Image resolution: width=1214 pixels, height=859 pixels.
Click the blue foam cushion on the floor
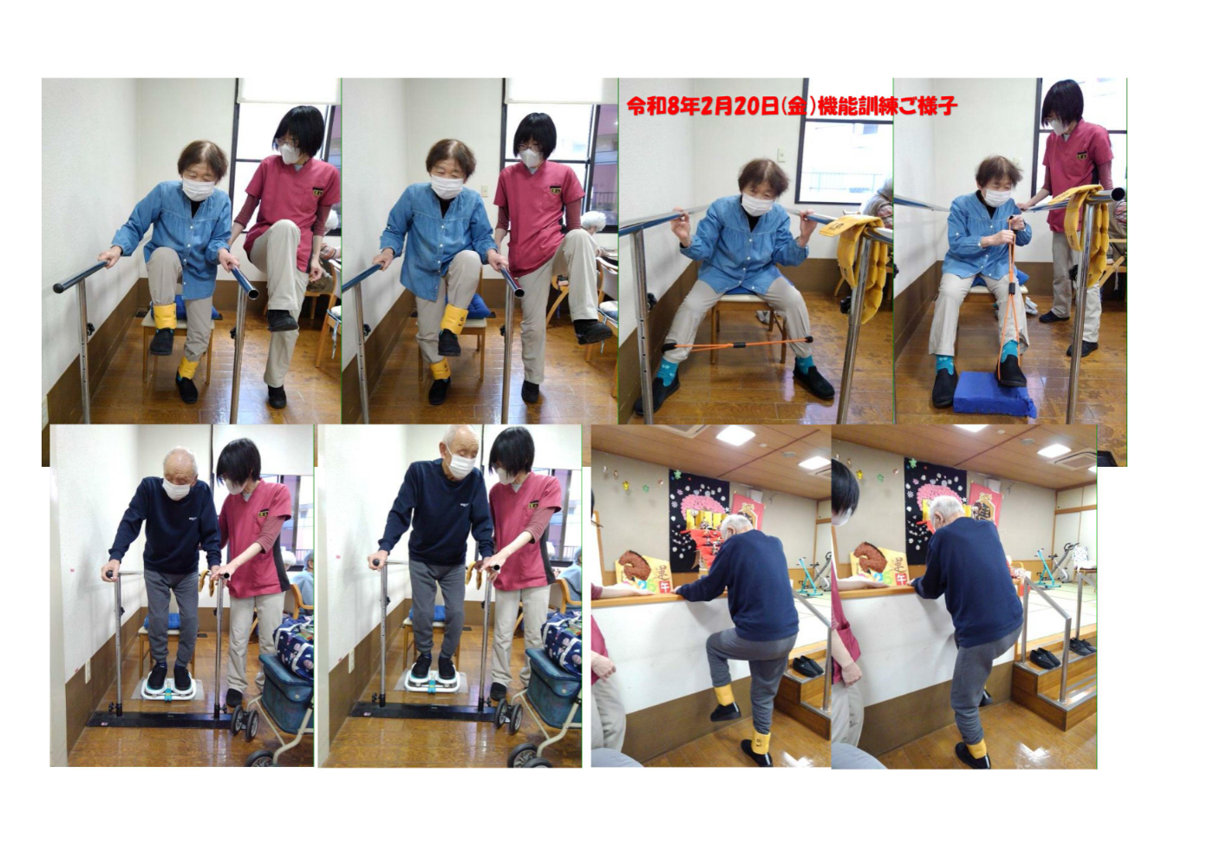click(994, 393)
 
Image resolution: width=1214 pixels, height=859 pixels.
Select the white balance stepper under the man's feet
click(168, 687)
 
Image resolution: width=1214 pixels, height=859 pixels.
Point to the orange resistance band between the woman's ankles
click(738, 344)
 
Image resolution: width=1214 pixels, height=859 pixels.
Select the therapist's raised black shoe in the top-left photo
click(282, 320)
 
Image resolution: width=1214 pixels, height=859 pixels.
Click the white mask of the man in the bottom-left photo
click(175, 488)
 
